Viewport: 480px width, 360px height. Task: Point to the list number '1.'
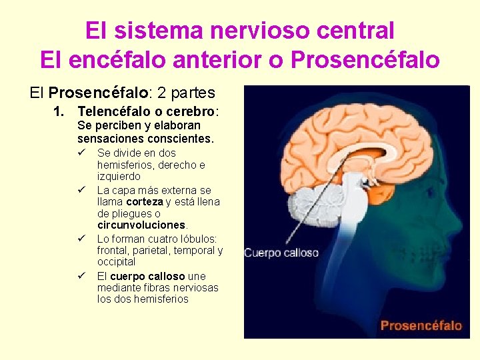(x=59, y=111)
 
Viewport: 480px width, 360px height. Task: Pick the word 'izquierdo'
(x=119, y=177)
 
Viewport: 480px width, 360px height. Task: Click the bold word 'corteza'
(x=145, y=202)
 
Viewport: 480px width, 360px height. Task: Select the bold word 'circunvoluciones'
(x=141, y=225)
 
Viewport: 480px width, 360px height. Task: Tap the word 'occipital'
(x=117, y=262)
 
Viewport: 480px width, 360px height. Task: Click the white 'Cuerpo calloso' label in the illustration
(x=281, y=253)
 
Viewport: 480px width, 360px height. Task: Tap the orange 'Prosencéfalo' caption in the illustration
(x=421, y=325)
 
